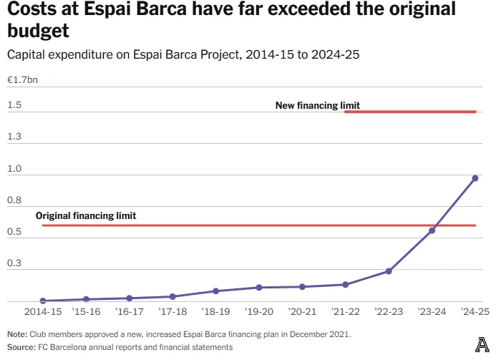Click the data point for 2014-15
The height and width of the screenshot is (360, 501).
click(x=43, y=301)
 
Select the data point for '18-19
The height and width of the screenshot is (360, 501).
click(x=215, y=291)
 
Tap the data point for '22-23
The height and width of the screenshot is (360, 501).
click(x=389, y=271)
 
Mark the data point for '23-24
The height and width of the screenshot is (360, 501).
click(x=432, y=230)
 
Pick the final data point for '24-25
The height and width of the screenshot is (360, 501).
click(x=475, y=178)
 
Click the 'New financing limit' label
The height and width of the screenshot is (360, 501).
click(x=317, y=106)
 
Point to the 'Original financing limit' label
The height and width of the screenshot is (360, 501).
click(x=86, y=215)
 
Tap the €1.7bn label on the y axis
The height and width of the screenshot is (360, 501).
click(x=22, y=80)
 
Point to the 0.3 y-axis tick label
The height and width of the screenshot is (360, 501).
click(x=14, y=264)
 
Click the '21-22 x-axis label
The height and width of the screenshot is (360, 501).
click(x=346, y=313)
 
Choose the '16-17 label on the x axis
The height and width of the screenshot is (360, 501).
click(x=130, y=313)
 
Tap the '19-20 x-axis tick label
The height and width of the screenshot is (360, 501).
click(x=259, y=313)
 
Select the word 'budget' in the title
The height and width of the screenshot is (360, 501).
click(x=37, y=33)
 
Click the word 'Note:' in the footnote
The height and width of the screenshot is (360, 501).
click(x=17, y=334)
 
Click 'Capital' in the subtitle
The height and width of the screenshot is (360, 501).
click(x=26, y=55)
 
